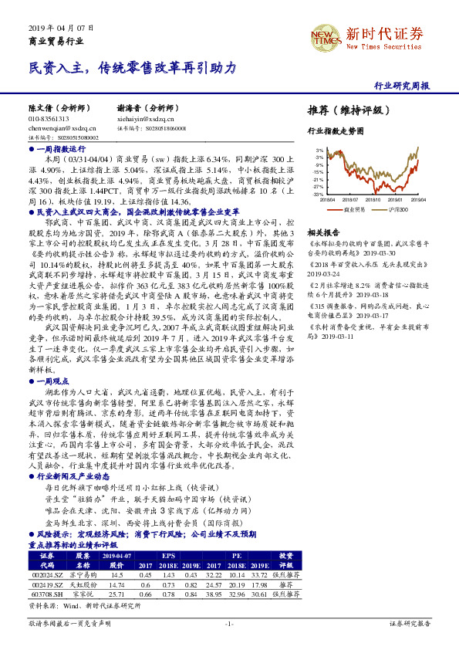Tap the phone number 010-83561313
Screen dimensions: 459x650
point(49,120)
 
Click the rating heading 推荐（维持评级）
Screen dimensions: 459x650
point(344,110)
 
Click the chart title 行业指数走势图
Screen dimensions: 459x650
point(335,131)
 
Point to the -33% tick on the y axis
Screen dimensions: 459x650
point(319,194)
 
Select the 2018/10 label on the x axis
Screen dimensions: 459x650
point(376,199)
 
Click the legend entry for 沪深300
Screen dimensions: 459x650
point(397,208)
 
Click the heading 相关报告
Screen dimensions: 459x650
point(323,232)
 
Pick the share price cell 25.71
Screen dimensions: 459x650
point(117,594)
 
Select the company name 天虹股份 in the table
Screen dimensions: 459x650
point(83,584)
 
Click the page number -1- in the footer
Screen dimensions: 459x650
point(229,622)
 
